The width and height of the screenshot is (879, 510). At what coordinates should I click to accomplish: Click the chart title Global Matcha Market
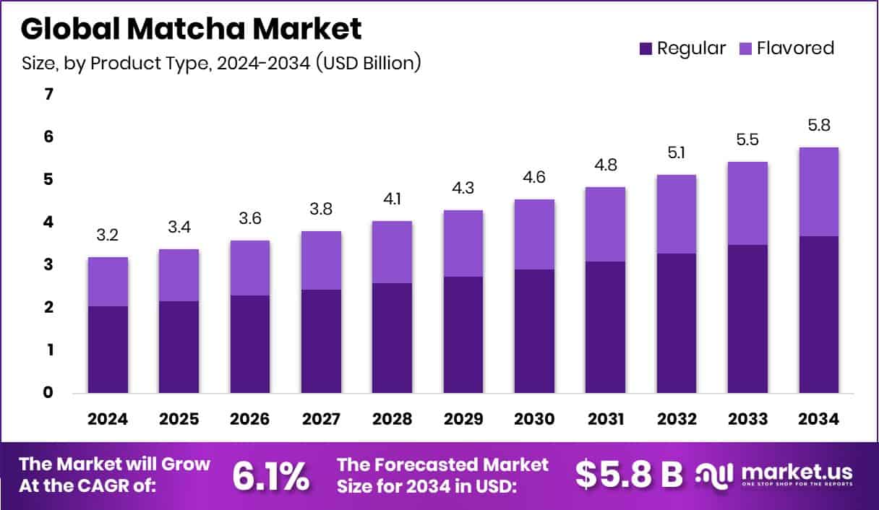tap(191, 29)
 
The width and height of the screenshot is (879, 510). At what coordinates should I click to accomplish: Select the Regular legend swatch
tap(646, 49)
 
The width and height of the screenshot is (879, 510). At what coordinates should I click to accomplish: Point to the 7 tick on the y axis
tap(48, 94)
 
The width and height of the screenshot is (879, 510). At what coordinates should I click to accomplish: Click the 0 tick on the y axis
tap(48, 392)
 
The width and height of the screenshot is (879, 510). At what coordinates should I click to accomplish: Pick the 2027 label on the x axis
tap(321, 419)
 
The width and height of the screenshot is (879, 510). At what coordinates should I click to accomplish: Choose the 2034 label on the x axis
tap(819, 419)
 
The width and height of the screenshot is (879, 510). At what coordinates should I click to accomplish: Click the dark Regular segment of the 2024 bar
tap(108, 350)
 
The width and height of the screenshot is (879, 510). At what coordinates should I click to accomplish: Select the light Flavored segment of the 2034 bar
tap(819, 191)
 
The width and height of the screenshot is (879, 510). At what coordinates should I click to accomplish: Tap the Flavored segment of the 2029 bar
tap(463, 243)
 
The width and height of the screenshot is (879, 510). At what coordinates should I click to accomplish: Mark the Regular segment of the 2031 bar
tap(606, 327)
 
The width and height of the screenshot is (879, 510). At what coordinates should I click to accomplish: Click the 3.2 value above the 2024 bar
tap(108, 235)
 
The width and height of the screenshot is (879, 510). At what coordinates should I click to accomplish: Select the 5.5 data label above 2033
tap(747, 140)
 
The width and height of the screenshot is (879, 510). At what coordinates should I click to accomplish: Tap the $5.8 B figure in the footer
tap(629, 475)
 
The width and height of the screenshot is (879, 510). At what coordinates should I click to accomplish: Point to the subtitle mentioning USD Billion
tap(221, 64)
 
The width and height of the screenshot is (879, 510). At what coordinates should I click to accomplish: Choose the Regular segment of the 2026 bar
tap(250, 344)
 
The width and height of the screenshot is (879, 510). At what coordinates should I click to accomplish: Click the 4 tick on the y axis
tap(48, 222)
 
